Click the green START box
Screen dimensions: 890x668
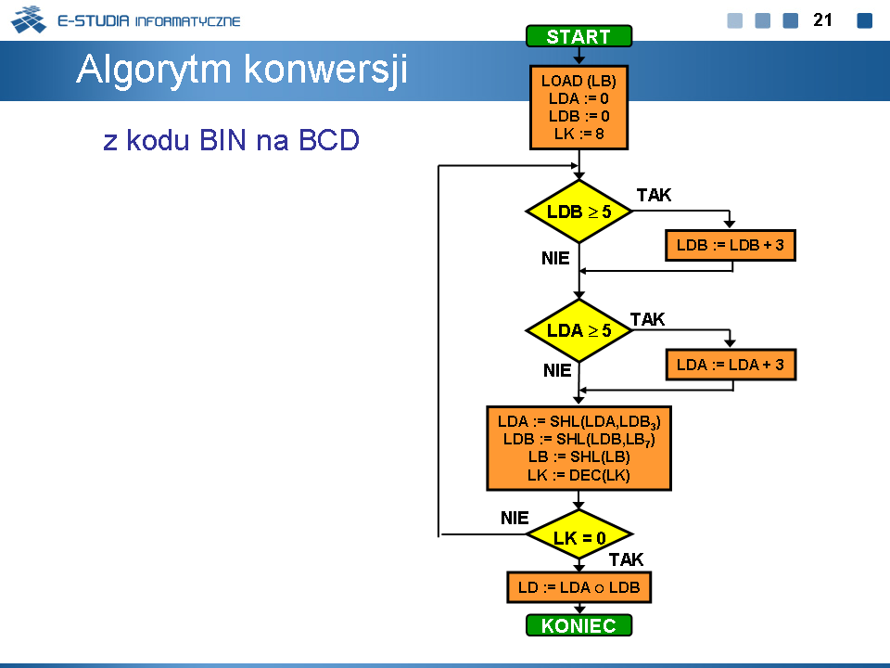point(578,36)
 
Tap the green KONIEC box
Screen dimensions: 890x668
point(578,625)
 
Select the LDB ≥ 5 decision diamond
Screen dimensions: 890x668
point(578,212)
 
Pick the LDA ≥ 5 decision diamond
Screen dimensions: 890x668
point(578,330)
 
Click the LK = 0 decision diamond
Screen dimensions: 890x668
point(578,534)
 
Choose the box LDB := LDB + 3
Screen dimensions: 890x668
point(731,245)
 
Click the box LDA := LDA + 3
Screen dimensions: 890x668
point(731,365)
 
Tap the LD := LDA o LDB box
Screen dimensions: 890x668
point(578,587)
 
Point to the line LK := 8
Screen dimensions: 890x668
point(578,134)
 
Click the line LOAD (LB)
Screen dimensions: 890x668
point(578,81)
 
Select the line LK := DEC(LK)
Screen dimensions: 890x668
point(578,475)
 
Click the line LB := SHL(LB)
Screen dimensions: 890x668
point(578,456)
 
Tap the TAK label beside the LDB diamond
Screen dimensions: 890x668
point(654,195)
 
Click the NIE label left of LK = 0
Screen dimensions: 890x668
point(515,518)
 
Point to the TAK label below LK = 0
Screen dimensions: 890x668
point(626,559)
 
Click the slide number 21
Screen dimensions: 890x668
point(822,19)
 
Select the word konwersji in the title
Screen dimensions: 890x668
point(325,70)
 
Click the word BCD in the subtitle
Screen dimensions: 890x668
point(329,140)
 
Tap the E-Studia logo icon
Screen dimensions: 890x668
point(29,19)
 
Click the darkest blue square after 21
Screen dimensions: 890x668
point(864,20)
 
